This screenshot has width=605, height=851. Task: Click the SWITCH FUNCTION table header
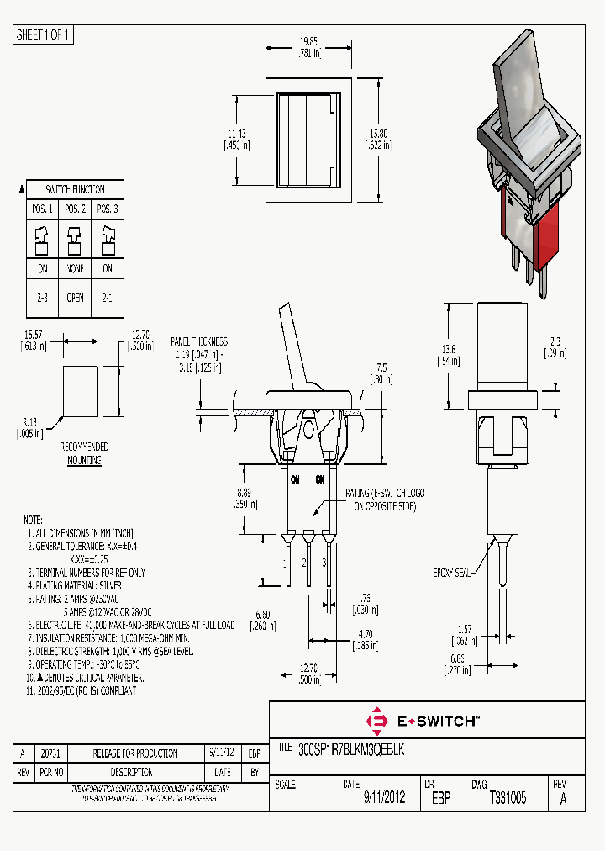[75, 189]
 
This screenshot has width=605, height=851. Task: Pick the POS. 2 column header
[75, 209]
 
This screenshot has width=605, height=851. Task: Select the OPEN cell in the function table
[75, 298]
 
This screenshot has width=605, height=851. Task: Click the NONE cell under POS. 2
[75, 269]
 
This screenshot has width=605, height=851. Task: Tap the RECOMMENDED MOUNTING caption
[84, 453]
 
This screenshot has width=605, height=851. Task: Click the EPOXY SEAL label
[450, 572]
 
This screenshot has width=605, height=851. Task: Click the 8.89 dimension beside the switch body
[245, 499]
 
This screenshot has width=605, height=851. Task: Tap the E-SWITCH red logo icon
[377, 721]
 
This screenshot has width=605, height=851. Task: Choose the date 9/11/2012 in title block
[384, 798]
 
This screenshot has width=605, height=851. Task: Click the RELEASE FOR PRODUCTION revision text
[134, 753]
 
